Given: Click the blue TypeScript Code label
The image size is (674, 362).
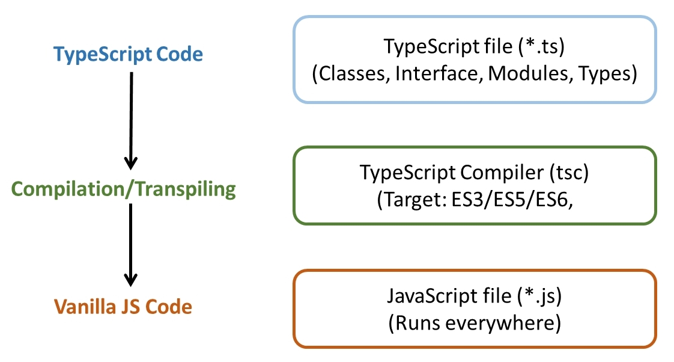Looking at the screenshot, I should pos(129,55).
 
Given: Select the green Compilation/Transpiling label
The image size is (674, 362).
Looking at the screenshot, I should pos(124,189).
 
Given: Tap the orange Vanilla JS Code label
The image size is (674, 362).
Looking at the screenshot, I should pos(123,307).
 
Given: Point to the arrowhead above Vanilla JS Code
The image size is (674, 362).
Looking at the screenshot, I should pos(130,280).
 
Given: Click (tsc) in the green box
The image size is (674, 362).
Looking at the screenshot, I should pos(566,173).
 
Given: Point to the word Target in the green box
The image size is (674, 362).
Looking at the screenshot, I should pos(409,200).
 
